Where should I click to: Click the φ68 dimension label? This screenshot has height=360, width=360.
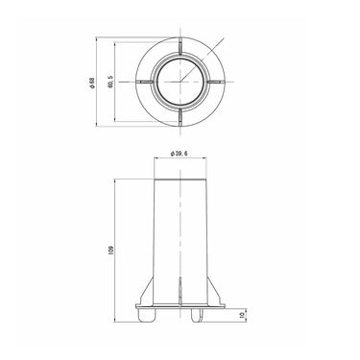92,83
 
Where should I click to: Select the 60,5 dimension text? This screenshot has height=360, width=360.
110,82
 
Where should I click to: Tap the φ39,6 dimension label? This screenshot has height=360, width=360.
180,154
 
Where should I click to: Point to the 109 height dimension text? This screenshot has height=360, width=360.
110,250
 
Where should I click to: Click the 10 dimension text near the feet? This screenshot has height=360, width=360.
242,316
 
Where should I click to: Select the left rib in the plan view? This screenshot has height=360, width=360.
145,82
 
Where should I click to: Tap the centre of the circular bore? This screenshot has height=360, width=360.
180,82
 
